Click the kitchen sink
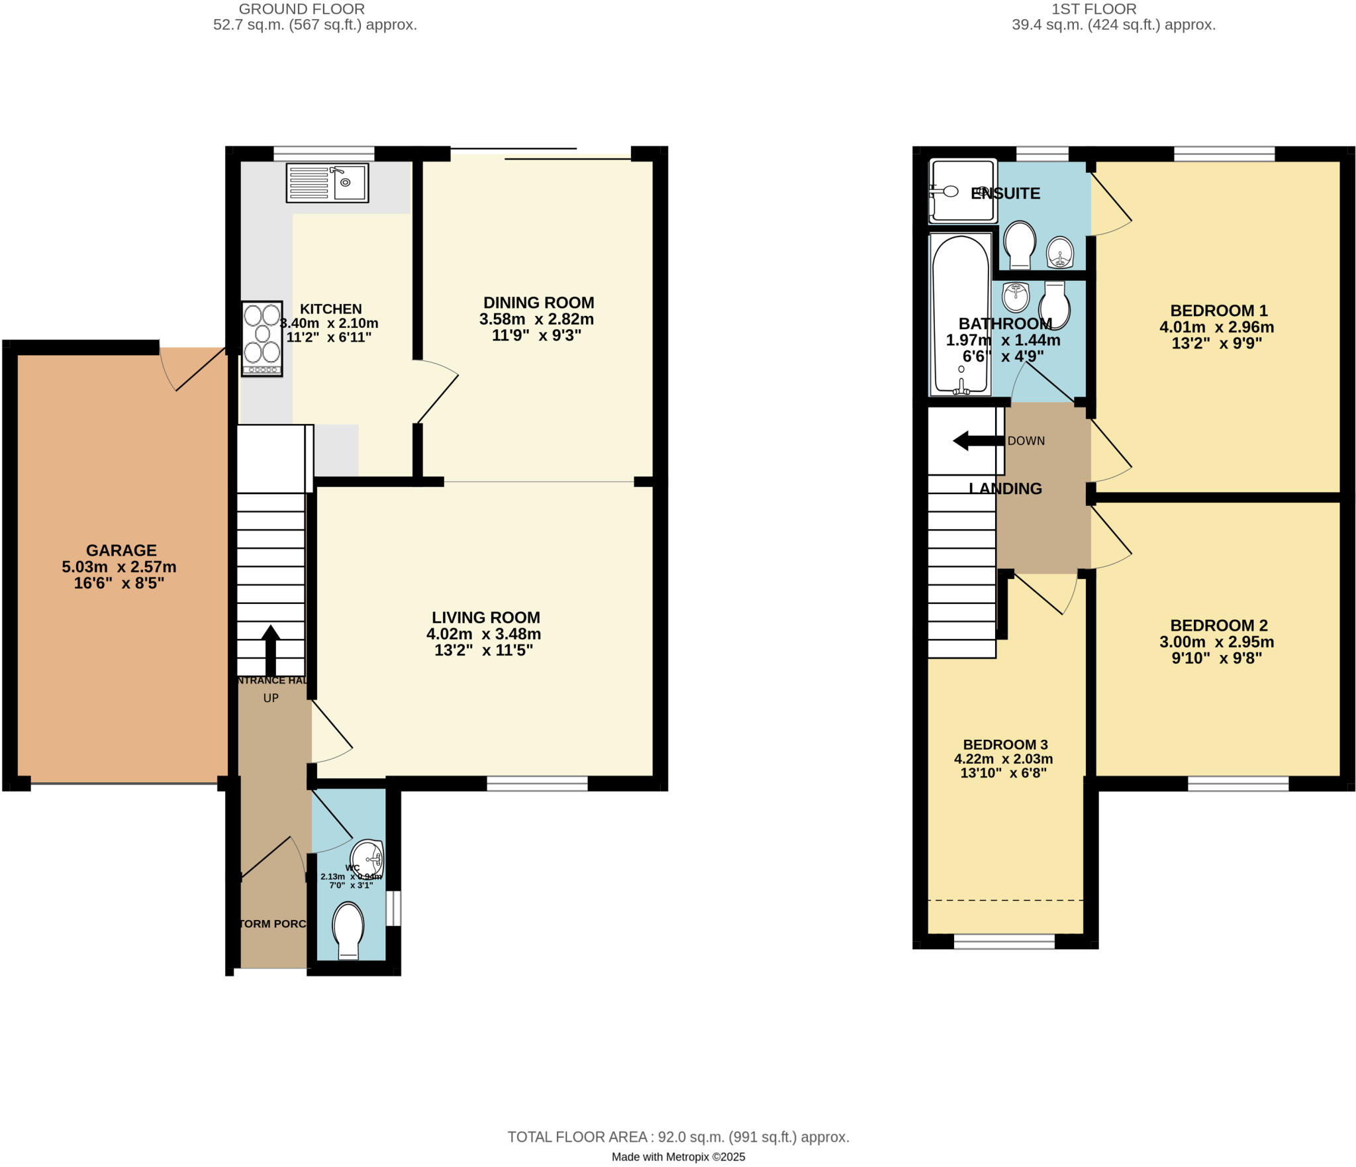tap(327, 182)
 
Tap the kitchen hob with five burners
tap(262, 338)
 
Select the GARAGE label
tap(121, 550)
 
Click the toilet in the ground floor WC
tap(348, 930)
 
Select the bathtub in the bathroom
tap(961, 315)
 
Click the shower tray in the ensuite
tap(963, 191)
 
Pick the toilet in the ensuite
tap(1020, 244)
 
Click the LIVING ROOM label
tap(486, 617)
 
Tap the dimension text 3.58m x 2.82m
tap(536, 319)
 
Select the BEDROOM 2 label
tap(1219, 625)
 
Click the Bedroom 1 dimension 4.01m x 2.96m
tap(1216, 327)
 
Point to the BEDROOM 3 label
tap(1005, 744)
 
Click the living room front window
tap(537, 784)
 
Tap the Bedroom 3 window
tap(1004, 941)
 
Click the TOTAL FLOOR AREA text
tap(678, 1137)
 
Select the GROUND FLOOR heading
tap(301, 9)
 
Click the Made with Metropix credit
tap(678, 1157)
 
